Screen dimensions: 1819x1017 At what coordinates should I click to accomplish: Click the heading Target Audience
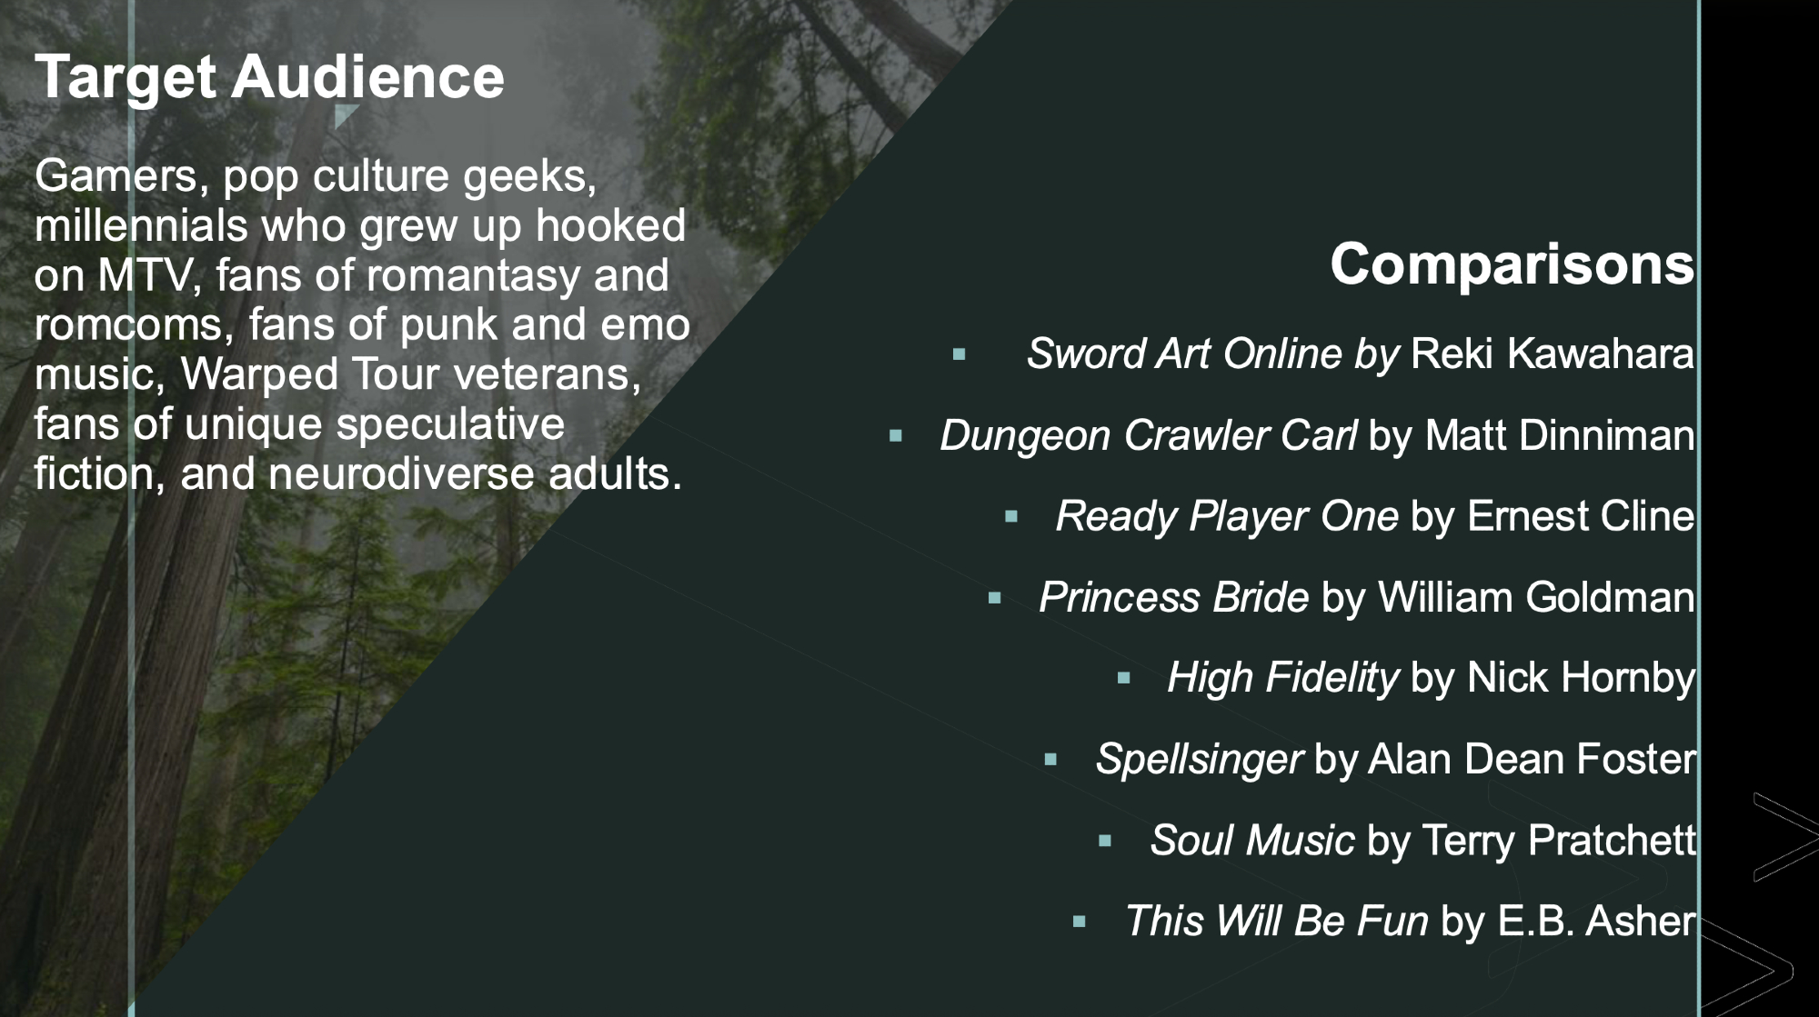pyautogui.click(x=269, y=78)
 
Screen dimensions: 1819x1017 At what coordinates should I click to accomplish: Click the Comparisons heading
pyautogui.click(x=1512, y=264)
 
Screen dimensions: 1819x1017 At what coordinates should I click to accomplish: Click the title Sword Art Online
pyautogui.click(x=1184, y=354)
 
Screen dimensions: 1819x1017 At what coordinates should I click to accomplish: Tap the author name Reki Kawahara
pyautogui.click(x=1553, y=354)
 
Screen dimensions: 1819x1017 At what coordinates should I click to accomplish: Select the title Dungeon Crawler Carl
pyautogui.click(x=1149, y=435)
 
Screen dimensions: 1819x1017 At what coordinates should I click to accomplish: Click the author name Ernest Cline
pyautogui.click(x=1581, y=516)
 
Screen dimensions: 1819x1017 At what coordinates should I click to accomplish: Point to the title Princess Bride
pyautogui.click(x=1174, y=598)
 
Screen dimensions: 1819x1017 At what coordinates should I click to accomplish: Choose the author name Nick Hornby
pyautogui.click(x=1581, y=678)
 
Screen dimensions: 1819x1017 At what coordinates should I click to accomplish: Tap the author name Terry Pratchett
pyautogui.click(x=1559, y=840)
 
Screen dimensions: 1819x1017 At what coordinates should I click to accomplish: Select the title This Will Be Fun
pyautogui.click(x=1277, y=922)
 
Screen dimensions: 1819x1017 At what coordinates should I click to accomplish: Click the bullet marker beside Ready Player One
pyautogui.click(x=1011, y=517)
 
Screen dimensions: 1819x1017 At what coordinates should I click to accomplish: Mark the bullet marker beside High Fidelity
pyautogui.click(x=1124, y=678)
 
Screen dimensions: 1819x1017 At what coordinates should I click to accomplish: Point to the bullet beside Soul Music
pyautogui.click(x=1106, y=841)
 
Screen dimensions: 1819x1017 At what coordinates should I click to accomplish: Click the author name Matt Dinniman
pyautogui.click(x=1560, y=435)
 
